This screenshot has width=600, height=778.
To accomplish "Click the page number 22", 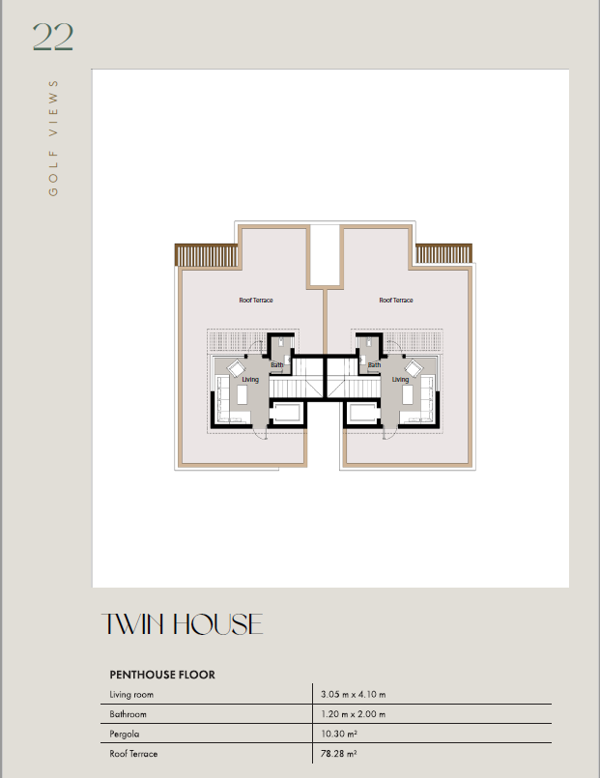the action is point(53,37).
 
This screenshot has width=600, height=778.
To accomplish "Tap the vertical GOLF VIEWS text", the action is point(53,138).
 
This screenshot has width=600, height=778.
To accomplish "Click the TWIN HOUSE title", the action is point(182,624).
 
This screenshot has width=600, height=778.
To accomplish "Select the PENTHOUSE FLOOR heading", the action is point(162,675).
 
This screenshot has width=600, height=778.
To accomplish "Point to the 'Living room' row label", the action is point(131,695).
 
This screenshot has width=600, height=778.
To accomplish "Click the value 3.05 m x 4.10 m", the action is point(353,694).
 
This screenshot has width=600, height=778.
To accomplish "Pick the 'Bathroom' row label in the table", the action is point(128,714).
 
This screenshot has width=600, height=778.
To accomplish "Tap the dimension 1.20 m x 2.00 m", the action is point(353,714).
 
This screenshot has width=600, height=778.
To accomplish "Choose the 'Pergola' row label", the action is point(125,734).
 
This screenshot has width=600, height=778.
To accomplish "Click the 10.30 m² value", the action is point(339,734).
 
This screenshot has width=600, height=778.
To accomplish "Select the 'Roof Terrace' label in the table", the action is point(133,753).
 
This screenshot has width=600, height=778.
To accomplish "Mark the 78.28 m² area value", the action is point(339,753).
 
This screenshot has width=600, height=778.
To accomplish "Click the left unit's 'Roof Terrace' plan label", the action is point(256,301).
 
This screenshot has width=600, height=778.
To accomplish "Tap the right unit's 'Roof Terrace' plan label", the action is point(396,301).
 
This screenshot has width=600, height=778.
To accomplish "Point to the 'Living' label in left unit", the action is point(250,380).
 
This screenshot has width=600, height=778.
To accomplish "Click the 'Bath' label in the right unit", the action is point(374,364).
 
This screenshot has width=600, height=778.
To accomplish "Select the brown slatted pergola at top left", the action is point(207,254).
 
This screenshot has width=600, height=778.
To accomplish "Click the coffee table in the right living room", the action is point(407,395).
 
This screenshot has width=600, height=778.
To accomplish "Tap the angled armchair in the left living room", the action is point(236,368).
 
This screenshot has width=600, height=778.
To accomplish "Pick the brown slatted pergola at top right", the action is point(443,253).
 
